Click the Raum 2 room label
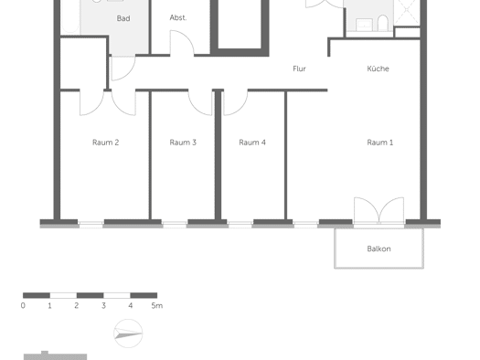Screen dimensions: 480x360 tap(106, 143)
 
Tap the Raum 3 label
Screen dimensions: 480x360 tap(183, 143)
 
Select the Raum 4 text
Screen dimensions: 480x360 tap(252, 143)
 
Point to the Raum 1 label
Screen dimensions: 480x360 tap(380, 143)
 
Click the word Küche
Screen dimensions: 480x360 tap(379, 69)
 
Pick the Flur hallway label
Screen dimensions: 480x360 tap(299, 69)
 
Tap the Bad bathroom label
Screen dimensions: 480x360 tap(123, 18)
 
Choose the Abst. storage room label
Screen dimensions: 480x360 tap(178, 17)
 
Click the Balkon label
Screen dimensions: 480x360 tap(379, 249)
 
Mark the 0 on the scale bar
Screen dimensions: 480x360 tap(23, 305)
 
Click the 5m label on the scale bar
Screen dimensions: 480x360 tap(156, 305)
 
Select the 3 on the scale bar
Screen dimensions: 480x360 tap(103, 305)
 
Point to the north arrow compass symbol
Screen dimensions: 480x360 tap(128, 334)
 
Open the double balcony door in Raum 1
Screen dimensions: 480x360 tap(379, 211)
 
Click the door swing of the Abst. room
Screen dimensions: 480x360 tap(182, 43)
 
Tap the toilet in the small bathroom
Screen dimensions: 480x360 tap(383, 23)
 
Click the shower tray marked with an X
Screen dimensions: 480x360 tap(406, 12)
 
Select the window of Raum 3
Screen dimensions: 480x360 tap(175, 225)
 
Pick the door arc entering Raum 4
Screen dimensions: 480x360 tap(236, 103)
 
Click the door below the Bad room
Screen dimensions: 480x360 tap(123, 69)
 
